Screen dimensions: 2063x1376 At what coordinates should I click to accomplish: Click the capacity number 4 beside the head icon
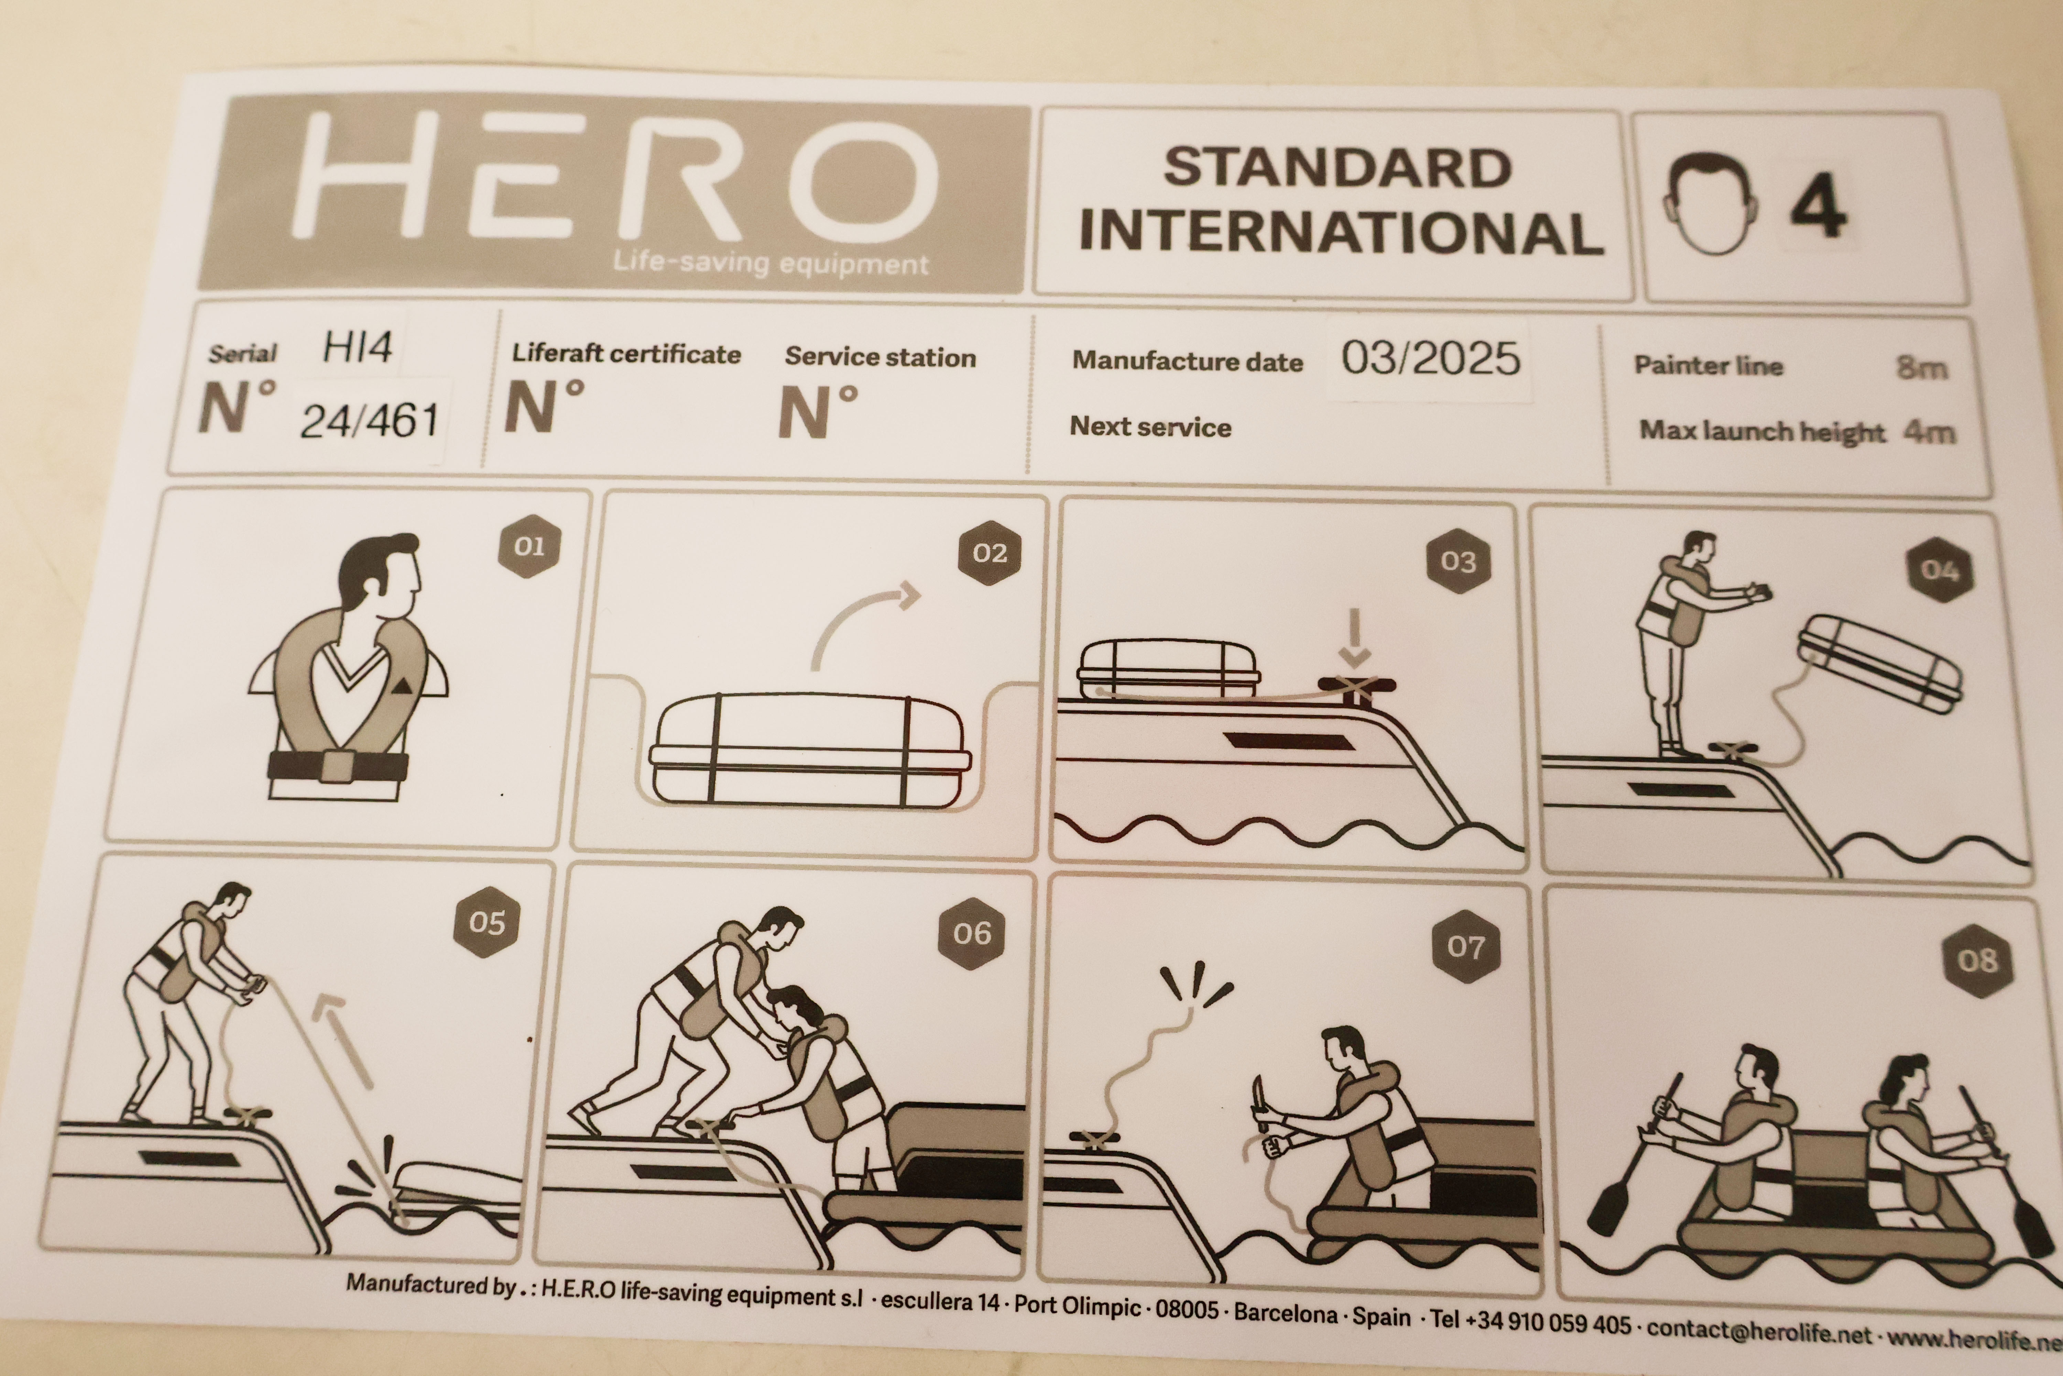tap(1818, 205)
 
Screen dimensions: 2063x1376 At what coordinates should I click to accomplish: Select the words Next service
tap(1150, 427)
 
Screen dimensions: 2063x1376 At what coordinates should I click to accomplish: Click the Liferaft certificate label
tap(626, 354)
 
